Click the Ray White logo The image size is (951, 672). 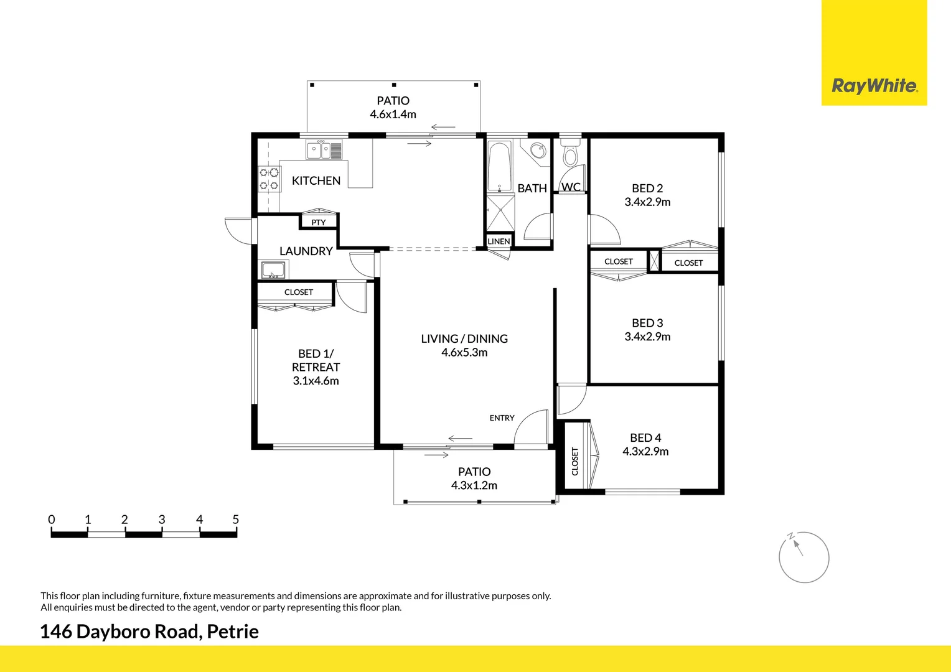874,85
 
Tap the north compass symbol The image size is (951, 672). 803,557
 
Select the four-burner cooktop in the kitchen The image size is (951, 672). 269,179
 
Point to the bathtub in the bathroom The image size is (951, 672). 499,167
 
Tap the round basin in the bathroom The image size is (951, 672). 537,152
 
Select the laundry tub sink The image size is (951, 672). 273,271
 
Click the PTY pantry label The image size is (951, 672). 318,222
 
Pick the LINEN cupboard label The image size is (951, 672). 499,241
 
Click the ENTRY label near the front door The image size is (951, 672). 502,418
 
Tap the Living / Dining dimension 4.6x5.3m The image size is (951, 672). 464,353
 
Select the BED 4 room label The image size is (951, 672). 645,438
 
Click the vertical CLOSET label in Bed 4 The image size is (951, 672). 574,461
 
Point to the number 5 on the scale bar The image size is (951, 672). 235,520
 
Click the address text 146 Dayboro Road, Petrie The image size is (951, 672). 149,632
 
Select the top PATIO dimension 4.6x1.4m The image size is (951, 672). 393,114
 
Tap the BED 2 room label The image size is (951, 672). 647,188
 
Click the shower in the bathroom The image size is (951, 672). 500,213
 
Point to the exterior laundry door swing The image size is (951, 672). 238,230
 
